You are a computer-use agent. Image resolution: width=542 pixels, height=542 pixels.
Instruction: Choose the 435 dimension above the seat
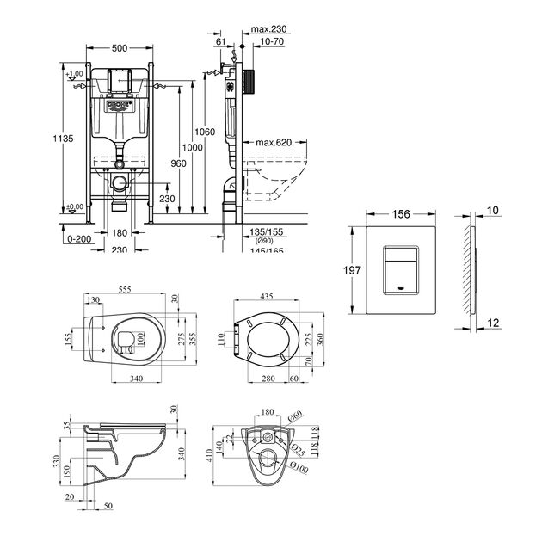(x=269, y=296)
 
